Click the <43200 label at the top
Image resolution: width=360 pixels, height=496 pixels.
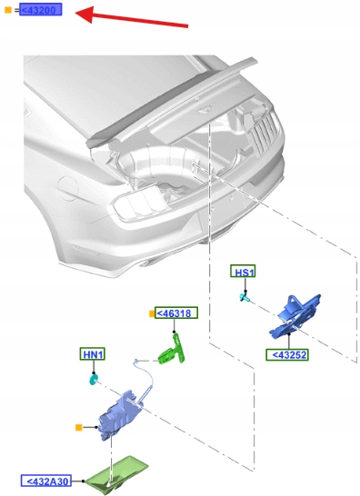[41, 9]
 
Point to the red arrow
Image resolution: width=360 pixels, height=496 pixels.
[132, 16]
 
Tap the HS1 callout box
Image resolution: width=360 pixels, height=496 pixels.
[243, 272]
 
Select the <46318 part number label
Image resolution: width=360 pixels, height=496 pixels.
[176, 312]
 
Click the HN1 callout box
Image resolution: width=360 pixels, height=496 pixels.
[92, 353]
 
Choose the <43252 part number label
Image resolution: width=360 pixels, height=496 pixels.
[287, 354]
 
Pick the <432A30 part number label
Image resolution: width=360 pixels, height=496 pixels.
[46, 481]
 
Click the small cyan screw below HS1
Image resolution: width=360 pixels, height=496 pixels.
[245, 297]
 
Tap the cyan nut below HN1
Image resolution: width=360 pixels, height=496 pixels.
[93, 380]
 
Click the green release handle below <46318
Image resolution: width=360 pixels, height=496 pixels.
[172, 352]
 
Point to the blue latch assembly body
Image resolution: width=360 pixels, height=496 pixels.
[119, 414]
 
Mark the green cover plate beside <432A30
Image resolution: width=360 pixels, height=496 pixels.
[117, 474]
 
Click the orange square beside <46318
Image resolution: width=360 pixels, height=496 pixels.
[152, 313]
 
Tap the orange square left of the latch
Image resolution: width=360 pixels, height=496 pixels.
[79, 428]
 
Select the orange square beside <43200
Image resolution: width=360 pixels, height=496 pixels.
[8, 10]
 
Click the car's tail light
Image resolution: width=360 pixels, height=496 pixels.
[139, 203]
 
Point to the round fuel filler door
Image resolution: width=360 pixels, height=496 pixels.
[67, 188]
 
